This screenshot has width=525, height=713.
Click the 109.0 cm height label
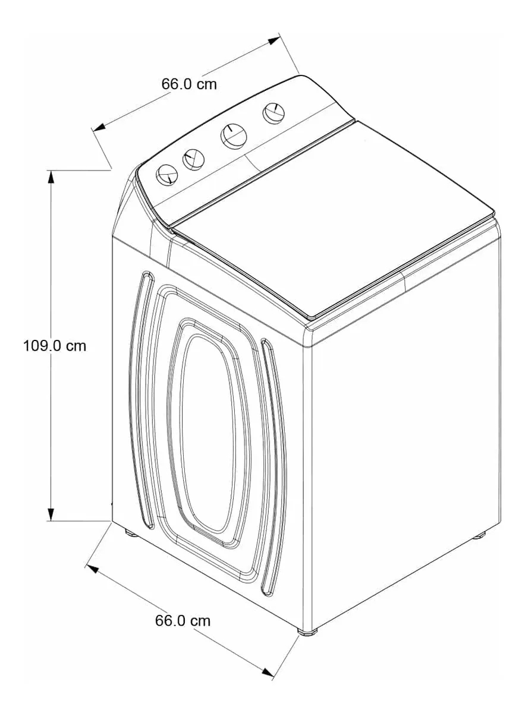55,345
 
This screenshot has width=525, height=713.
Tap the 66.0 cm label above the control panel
189,84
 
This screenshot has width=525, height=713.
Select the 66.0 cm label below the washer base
183,621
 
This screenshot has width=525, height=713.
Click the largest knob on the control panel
234,135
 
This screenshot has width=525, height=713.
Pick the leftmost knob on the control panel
167,174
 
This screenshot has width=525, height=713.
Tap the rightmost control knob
273,113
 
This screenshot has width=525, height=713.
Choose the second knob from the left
193,160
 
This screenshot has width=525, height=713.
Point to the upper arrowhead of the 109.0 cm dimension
51,177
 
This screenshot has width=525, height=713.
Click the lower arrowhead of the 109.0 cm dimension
51,515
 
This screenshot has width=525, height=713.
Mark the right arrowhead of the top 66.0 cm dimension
273,40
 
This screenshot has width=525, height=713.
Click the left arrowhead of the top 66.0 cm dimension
99,127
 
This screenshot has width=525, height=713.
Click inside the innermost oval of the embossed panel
209,433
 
